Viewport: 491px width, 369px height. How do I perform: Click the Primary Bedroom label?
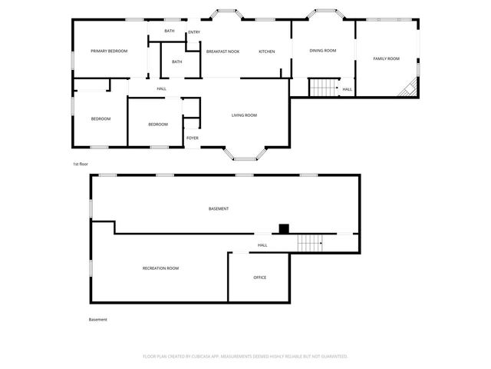click(109, 51)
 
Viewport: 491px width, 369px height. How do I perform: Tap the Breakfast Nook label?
click(222, 52)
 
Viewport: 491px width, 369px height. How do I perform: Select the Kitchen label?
click(266, 52)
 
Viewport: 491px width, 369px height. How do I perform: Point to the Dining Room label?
click(323, 51)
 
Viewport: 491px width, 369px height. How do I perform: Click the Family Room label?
click(387, 58)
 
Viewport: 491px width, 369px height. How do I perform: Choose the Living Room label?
click(244, 115)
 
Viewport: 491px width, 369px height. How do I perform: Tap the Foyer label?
click(192, 138)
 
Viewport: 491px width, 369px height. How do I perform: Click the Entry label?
click(194, 32)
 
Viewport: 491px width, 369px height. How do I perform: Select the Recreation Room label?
click(160, 268)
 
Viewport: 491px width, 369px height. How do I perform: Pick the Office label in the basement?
click(260, 278)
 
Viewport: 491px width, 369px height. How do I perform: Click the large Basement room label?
click(219, 209)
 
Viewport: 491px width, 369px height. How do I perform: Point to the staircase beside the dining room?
click(323, 88)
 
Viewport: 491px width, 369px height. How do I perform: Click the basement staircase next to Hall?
click(309, 244)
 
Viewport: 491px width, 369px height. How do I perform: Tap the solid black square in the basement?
click(283, 228)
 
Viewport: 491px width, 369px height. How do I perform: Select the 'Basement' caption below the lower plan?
click(98, 320)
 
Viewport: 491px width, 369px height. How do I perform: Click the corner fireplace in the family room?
click(410, 88)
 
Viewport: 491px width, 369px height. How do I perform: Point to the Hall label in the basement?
click(262, 245)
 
